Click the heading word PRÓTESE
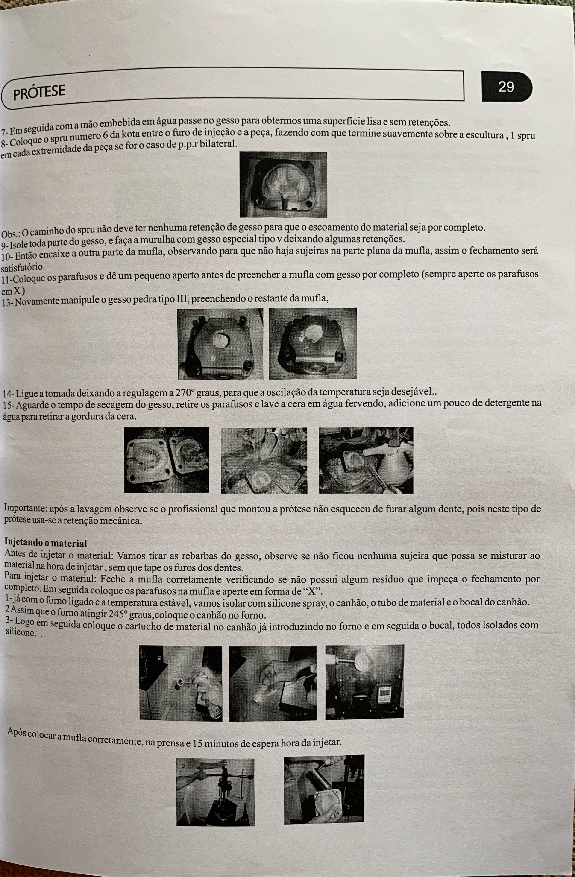(39, 92)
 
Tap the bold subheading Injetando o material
(46, 543)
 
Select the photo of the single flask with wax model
(283, 185)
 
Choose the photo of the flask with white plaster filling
(313, 343)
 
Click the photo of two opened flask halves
(167, 460)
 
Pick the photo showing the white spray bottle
(366, 460)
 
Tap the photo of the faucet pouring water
(264, 460)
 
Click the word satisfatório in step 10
(23, 267)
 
